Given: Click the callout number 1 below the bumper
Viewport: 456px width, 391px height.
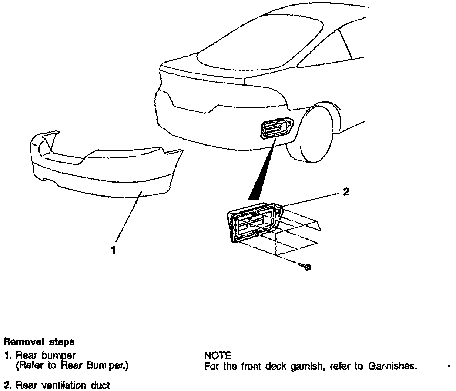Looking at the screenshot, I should point(113,250).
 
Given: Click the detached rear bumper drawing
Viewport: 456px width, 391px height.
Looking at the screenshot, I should point(104,167).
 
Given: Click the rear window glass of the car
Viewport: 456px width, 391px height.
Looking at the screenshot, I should point(259,41).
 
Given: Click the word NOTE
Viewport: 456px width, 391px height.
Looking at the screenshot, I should point(218,356).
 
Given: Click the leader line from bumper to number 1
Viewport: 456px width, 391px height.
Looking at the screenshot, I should point(128,218).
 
